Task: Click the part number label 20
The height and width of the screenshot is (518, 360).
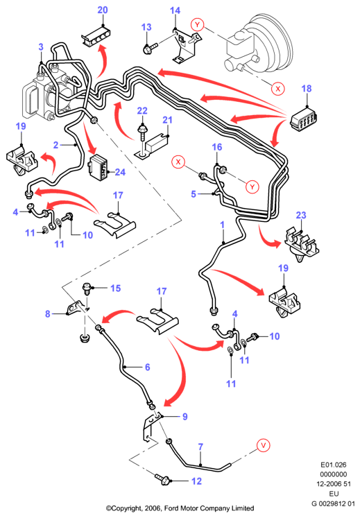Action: point(103,10)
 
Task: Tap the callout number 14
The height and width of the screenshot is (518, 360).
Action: point(175,10)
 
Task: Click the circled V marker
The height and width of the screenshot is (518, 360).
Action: point(264,445)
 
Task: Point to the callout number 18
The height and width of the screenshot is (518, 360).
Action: point(307,89)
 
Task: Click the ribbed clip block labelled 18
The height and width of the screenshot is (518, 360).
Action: point(304,119)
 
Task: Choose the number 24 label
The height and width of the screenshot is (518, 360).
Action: point(120,172)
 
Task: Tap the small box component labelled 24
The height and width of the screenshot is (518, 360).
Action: point(98,168)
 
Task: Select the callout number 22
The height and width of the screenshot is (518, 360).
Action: point(142,111)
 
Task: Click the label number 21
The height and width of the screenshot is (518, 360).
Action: point(168,119)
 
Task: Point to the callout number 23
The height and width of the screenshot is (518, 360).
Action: point(301,215)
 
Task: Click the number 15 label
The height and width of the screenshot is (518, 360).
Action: point(115,288)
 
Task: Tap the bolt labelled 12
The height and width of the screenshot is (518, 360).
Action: point(162,478)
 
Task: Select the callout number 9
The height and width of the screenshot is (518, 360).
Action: point(185,417)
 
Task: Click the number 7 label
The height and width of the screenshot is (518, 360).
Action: point(200,447)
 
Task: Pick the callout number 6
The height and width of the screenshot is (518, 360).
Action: point(148,367)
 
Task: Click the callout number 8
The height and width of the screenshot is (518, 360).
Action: point(48,313)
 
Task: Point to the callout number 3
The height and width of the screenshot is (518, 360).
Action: point(41,47)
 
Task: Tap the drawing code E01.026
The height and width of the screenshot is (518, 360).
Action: point(333,465)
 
